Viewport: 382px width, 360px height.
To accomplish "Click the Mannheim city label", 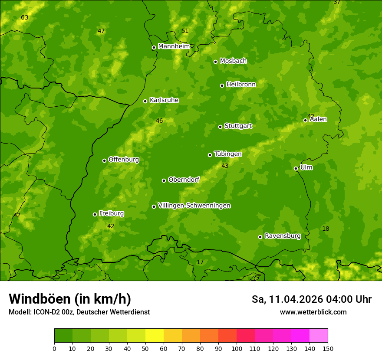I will click(x=174, y=46).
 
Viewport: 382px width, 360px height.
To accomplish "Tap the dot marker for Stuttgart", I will click(x=220, y=127).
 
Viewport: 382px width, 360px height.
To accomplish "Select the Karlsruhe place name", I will click(x=164, y=100).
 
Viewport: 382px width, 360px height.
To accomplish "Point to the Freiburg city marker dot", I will click(x=95, y=214).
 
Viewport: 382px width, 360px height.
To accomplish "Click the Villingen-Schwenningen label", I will click(x=194, y=206).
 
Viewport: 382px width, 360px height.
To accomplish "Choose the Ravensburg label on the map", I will click(x=283, y=236).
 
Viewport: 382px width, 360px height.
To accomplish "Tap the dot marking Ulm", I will click(x=296, y=168).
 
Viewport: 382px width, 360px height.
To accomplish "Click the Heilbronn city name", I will click(x=241, y=85).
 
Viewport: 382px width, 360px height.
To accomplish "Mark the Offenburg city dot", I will click(x=104, y=160).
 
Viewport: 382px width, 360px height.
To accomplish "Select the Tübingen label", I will click(x=228, y=154).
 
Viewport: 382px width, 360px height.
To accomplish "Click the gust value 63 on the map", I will click(x=24, y=18).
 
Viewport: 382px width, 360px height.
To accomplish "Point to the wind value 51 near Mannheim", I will click(x=185, y=31).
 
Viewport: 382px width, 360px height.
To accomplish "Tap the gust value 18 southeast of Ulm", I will click(x=326, y=229).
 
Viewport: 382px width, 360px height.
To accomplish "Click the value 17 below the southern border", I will click(x=200, y=262).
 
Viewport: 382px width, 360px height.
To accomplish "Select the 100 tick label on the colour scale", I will click(x=237, y=348).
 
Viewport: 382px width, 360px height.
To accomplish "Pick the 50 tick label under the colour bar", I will click(x=145, y=348).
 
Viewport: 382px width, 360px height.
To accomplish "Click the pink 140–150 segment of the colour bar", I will click(x=319, y=336).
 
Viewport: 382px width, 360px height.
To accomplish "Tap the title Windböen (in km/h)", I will click(x=70, y=299).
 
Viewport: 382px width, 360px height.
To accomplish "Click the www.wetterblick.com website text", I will click(x=313, y=312).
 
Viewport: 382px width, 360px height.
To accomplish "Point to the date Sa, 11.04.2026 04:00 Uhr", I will click(x=311, y=299).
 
